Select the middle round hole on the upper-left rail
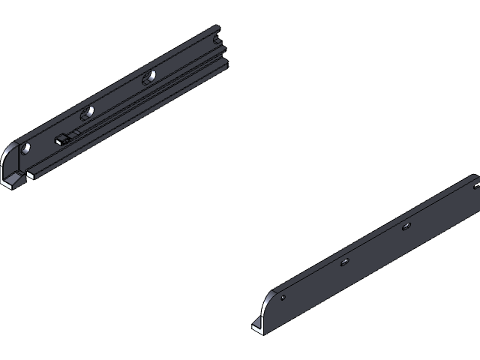88,112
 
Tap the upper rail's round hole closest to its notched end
150,76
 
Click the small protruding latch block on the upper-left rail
60,139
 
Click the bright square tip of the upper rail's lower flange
31,174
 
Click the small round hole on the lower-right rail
283,298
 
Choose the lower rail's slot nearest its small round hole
344,262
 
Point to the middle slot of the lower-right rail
406,226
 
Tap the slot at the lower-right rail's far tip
475,184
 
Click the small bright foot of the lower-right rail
257,325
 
